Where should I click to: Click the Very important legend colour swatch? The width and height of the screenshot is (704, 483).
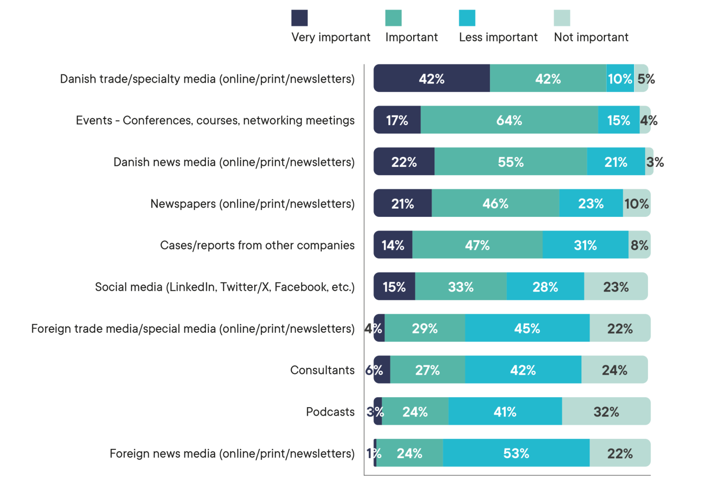click(299, 18)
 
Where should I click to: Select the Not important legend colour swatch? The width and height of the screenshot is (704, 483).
click(562, 18)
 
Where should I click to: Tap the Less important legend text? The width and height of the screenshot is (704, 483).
click(498, 37)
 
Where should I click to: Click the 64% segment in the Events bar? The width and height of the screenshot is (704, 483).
click(509, 120)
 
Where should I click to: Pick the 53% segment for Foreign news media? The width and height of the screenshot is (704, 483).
click(516, 453)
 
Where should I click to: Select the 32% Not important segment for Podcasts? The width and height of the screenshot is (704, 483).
click(606, 412)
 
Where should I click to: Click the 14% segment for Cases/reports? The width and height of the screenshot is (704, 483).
click(393, 245)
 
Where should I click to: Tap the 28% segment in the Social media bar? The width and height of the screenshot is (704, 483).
click(545, 287)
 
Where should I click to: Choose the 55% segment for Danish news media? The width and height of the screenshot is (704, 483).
click(511, 162)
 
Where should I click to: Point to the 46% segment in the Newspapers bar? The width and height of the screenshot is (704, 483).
click(495, 203)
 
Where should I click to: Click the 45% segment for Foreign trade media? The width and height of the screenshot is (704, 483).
click(527, 329)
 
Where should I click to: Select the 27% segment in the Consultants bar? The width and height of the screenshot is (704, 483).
click(427, 370)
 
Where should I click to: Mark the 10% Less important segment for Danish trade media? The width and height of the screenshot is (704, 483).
click(620, 78)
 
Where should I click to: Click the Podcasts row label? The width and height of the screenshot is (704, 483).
click(330, 412)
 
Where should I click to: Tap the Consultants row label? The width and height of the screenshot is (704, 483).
click(322, 370)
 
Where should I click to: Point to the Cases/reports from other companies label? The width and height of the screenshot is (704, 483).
click(257, 245)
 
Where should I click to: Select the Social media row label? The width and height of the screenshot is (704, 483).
click(225, 287)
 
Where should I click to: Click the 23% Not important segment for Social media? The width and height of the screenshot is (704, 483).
click(616, 287)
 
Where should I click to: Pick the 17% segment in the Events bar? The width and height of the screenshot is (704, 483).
click(397, 120)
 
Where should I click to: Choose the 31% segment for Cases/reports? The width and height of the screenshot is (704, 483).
click(585, 245)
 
